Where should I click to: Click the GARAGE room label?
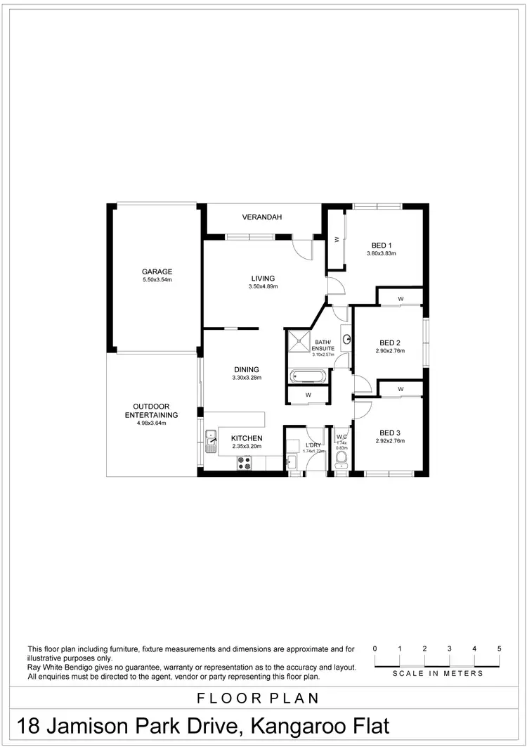[x=157, y=272]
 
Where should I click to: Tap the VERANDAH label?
[x=262, y=217]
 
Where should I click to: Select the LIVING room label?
[x=263, y=279]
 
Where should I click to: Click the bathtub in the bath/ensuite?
[x=307, y=376]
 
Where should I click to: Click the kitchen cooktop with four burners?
[x=245, y=462]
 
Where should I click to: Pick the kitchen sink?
[x=212, y=444]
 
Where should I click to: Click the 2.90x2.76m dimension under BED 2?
[x=391, y=351]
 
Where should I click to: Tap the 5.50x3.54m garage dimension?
[x=157, y=280]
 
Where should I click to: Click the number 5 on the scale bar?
[x=499, y=649]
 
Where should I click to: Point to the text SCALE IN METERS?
[x=438, y=674]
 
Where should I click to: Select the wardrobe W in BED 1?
[x=337, y=239]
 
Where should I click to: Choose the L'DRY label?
[x=313, y=445]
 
